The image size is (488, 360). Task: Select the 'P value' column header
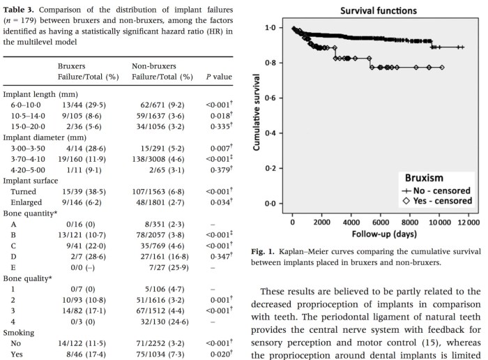click(x=220, y=76)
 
